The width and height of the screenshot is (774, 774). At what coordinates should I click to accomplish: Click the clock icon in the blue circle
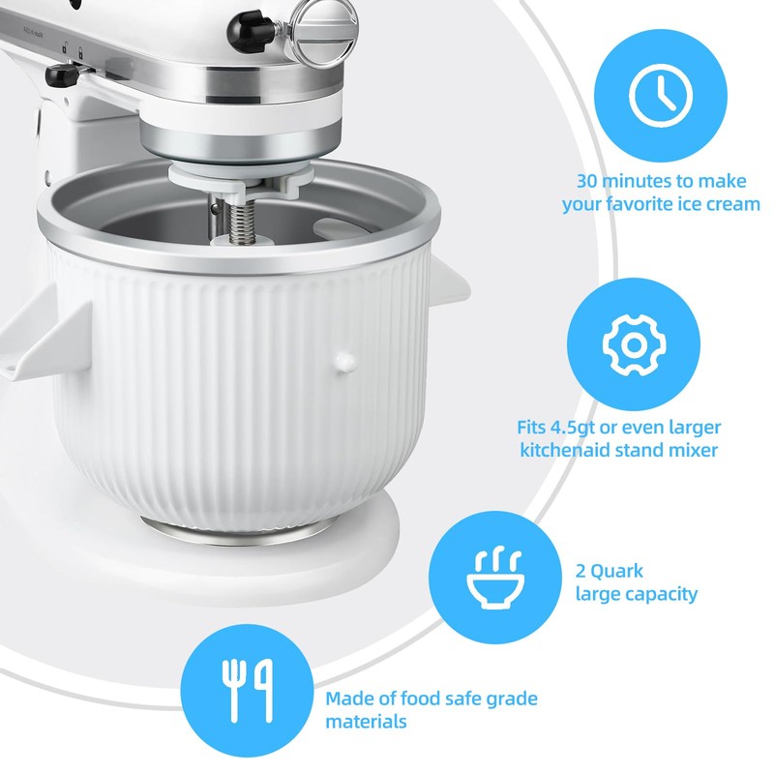661,93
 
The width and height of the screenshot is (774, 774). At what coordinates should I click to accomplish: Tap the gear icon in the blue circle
630,344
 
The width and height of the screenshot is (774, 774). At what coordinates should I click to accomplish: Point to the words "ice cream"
715,204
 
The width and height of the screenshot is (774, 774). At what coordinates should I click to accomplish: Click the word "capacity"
662,594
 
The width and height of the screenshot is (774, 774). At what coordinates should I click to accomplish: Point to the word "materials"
366,722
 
